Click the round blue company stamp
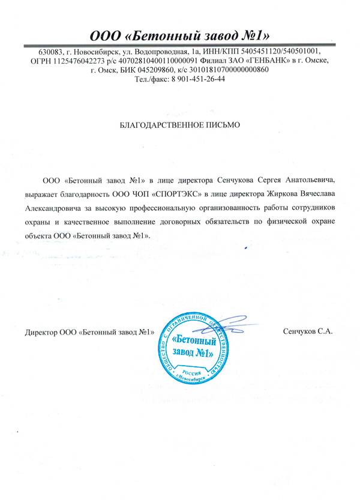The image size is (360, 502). (x=193, y=346)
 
